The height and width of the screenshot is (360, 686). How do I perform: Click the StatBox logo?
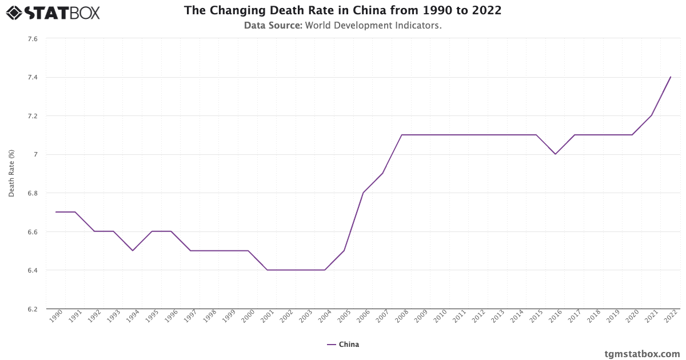[x=53, y=12]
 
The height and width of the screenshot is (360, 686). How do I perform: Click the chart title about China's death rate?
[x=342, y=10]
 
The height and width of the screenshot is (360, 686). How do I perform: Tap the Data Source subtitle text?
[x=342, y=25]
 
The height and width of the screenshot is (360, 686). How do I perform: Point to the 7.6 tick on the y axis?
[x=32, y=39]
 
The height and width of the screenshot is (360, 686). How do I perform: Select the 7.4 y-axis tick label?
[x=32, y=77]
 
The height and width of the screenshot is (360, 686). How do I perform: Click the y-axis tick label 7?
[x=35, y=154]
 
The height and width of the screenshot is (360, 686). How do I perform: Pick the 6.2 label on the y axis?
[x=32, y=309]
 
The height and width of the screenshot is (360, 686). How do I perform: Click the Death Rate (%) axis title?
[x=11, y=174]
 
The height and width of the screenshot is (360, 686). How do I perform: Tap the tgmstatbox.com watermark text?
[x=642, y=354]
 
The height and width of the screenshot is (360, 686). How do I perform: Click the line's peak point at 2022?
[x=671, y=77]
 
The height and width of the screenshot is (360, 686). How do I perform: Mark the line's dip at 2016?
[x=555, y=154]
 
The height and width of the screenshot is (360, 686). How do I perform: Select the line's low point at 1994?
[x=133, y=250]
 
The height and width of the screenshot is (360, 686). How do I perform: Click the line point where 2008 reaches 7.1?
[x=402, y=135]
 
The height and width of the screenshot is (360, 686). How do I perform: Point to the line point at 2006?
[x=363, y=193]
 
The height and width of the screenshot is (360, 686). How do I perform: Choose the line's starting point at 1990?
[x=55, y=212]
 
